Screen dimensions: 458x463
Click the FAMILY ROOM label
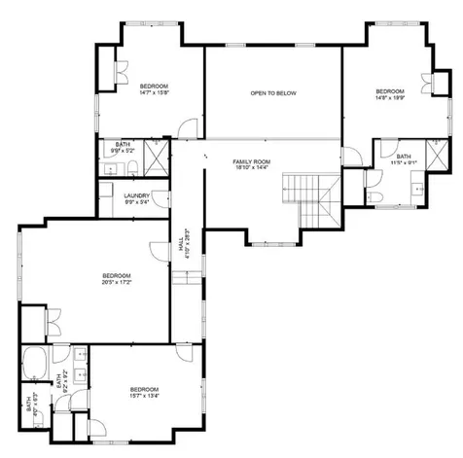pos(251,160)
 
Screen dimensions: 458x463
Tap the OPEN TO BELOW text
pos(272,93)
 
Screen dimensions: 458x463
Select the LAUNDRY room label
pos(136,195)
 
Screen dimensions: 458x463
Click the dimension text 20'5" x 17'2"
pos(116,283)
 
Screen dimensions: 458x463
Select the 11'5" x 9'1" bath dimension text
pos(404,163)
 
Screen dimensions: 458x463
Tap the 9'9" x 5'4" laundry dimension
pos(136,202)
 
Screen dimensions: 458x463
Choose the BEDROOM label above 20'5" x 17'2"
pos(116,276)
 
